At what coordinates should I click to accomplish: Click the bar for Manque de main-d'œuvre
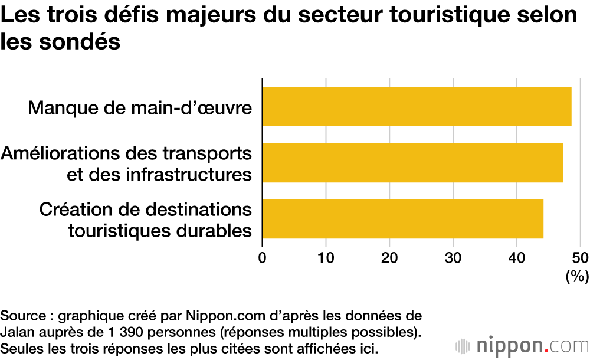coord(417,107)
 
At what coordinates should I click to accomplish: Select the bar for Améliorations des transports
coord(412,163)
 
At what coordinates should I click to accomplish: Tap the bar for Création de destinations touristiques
coord(402,219)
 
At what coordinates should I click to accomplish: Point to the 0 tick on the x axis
coord(262,258)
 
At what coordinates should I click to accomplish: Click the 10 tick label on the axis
coord(326,258)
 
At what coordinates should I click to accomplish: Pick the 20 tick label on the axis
coord(389,258)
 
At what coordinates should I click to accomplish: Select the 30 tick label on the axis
coord(453,258)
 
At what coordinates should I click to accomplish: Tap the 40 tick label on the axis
coord(517,258)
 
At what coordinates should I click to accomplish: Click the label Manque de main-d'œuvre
coord(140,108)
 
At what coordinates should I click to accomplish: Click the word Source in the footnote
coord(22,315)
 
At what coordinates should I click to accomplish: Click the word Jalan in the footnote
coord(17,330)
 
